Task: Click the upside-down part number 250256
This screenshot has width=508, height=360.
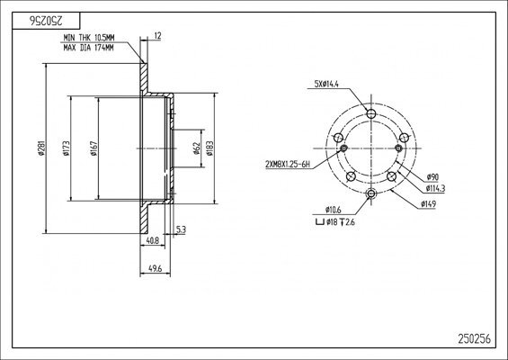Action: pos(47,21)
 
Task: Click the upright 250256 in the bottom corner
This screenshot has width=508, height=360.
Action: pos(475,339)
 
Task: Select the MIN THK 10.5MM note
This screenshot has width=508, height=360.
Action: pos(89,38)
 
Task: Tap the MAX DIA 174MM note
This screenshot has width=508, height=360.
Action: pos(88,48)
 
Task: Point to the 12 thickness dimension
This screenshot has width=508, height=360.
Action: pos(157,36)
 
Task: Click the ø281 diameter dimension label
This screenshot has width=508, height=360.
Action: pos(41,148)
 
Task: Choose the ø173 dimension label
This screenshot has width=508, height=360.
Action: pos(67,148)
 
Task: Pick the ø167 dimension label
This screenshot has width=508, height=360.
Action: pos(94,148)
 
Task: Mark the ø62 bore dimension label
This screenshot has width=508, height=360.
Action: pos(196,148)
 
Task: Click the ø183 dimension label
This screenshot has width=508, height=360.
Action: pos(209,148)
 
